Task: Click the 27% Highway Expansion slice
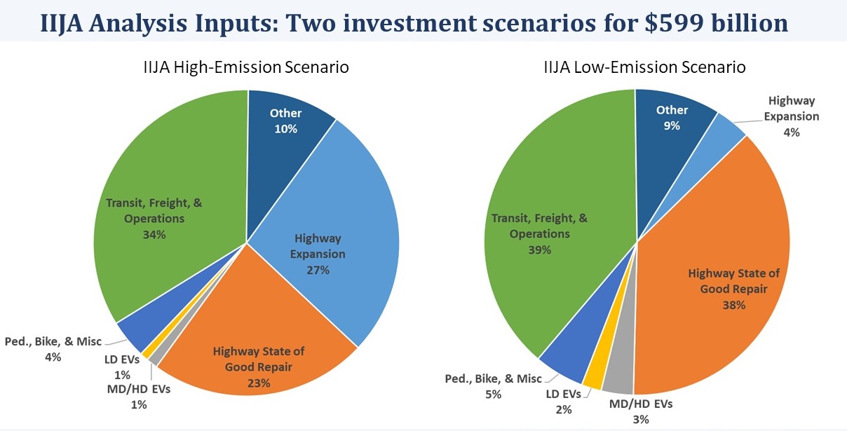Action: click(330, 231)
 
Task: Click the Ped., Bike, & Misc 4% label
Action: click(53, 349)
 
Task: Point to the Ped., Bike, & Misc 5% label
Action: click(494, 386)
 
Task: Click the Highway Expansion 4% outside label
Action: click(791, 116)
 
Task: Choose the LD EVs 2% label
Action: click(563, 401)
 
